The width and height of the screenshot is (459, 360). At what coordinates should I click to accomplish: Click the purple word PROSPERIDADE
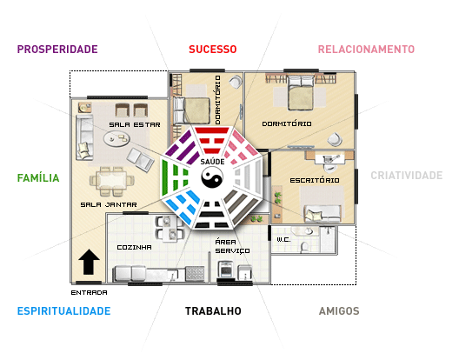(x=57, y=50)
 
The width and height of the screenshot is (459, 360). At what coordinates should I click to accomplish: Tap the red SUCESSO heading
(x=212, y=50)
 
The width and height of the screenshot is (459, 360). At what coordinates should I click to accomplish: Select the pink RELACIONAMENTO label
(x=366, y=50)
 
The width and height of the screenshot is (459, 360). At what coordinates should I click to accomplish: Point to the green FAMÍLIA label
(x=38, y=177)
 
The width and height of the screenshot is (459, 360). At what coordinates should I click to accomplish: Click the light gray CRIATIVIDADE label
(x=407, y=176)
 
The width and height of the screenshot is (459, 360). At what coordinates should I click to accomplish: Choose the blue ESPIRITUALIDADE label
(x=63, y=310)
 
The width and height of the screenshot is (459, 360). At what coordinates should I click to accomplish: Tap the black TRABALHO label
(x=213, y=310)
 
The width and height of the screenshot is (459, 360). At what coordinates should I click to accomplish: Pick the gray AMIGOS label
(x=339, y=310)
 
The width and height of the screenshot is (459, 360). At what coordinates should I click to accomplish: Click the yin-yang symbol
(x=212, y=177)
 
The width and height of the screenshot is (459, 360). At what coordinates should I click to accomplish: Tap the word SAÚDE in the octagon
(x=212, y=162)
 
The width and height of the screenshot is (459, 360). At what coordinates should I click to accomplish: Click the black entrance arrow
(x=89, y=262)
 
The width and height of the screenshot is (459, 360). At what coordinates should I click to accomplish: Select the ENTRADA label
(x=89, y=292)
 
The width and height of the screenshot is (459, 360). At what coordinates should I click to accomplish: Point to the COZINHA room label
(x=135, y=247)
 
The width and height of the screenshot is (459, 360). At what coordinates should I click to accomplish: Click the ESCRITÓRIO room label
(x=315, y=180)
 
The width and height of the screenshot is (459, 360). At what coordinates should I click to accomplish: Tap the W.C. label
(x=283, y=240)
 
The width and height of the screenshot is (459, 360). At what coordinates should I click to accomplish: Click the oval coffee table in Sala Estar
(x=116, y=139)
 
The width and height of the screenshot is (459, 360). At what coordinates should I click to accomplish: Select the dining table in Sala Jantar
(x=113, y=181)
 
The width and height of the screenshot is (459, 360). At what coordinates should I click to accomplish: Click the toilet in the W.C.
(x=305, y=247)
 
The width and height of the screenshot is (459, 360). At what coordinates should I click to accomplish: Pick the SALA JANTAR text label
(x=109, y=204)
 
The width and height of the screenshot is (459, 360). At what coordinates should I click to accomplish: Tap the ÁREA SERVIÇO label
(x=232, y=246)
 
